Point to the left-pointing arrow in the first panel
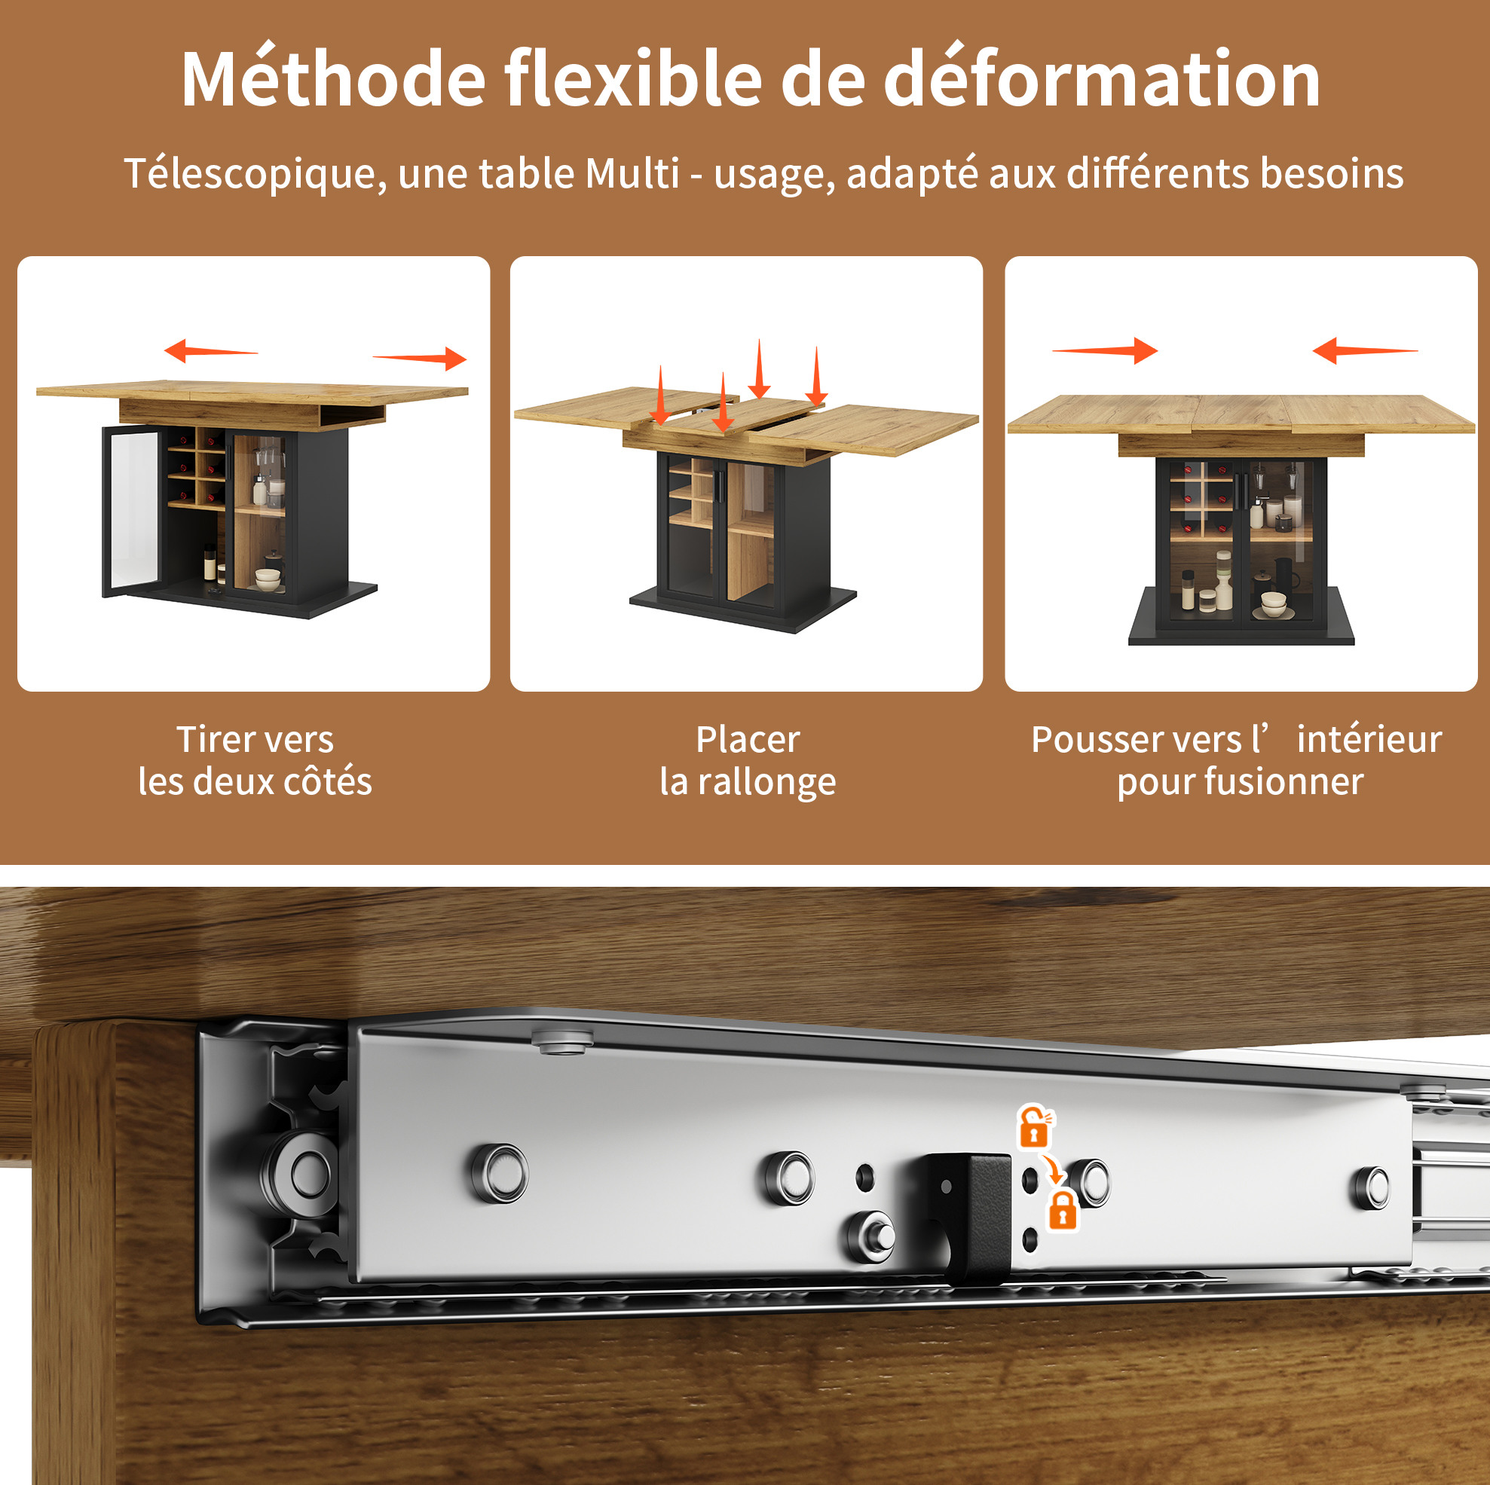click(211, 351)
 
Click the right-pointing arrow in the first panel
click(420, 358)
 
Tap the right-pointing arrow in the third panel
click(1104, 350)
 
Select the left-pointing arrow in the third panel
click(1365, 350)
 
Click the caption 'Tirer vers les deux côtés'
click(255, 760)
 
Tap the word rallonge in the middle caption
click(766, 782)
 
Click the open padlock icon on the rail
click(1034, 1126)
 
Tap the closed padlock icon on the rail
click(1062, 1211)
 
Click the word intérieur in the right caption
click(1369, 739)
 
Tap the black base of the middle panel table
click(743, 609)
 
